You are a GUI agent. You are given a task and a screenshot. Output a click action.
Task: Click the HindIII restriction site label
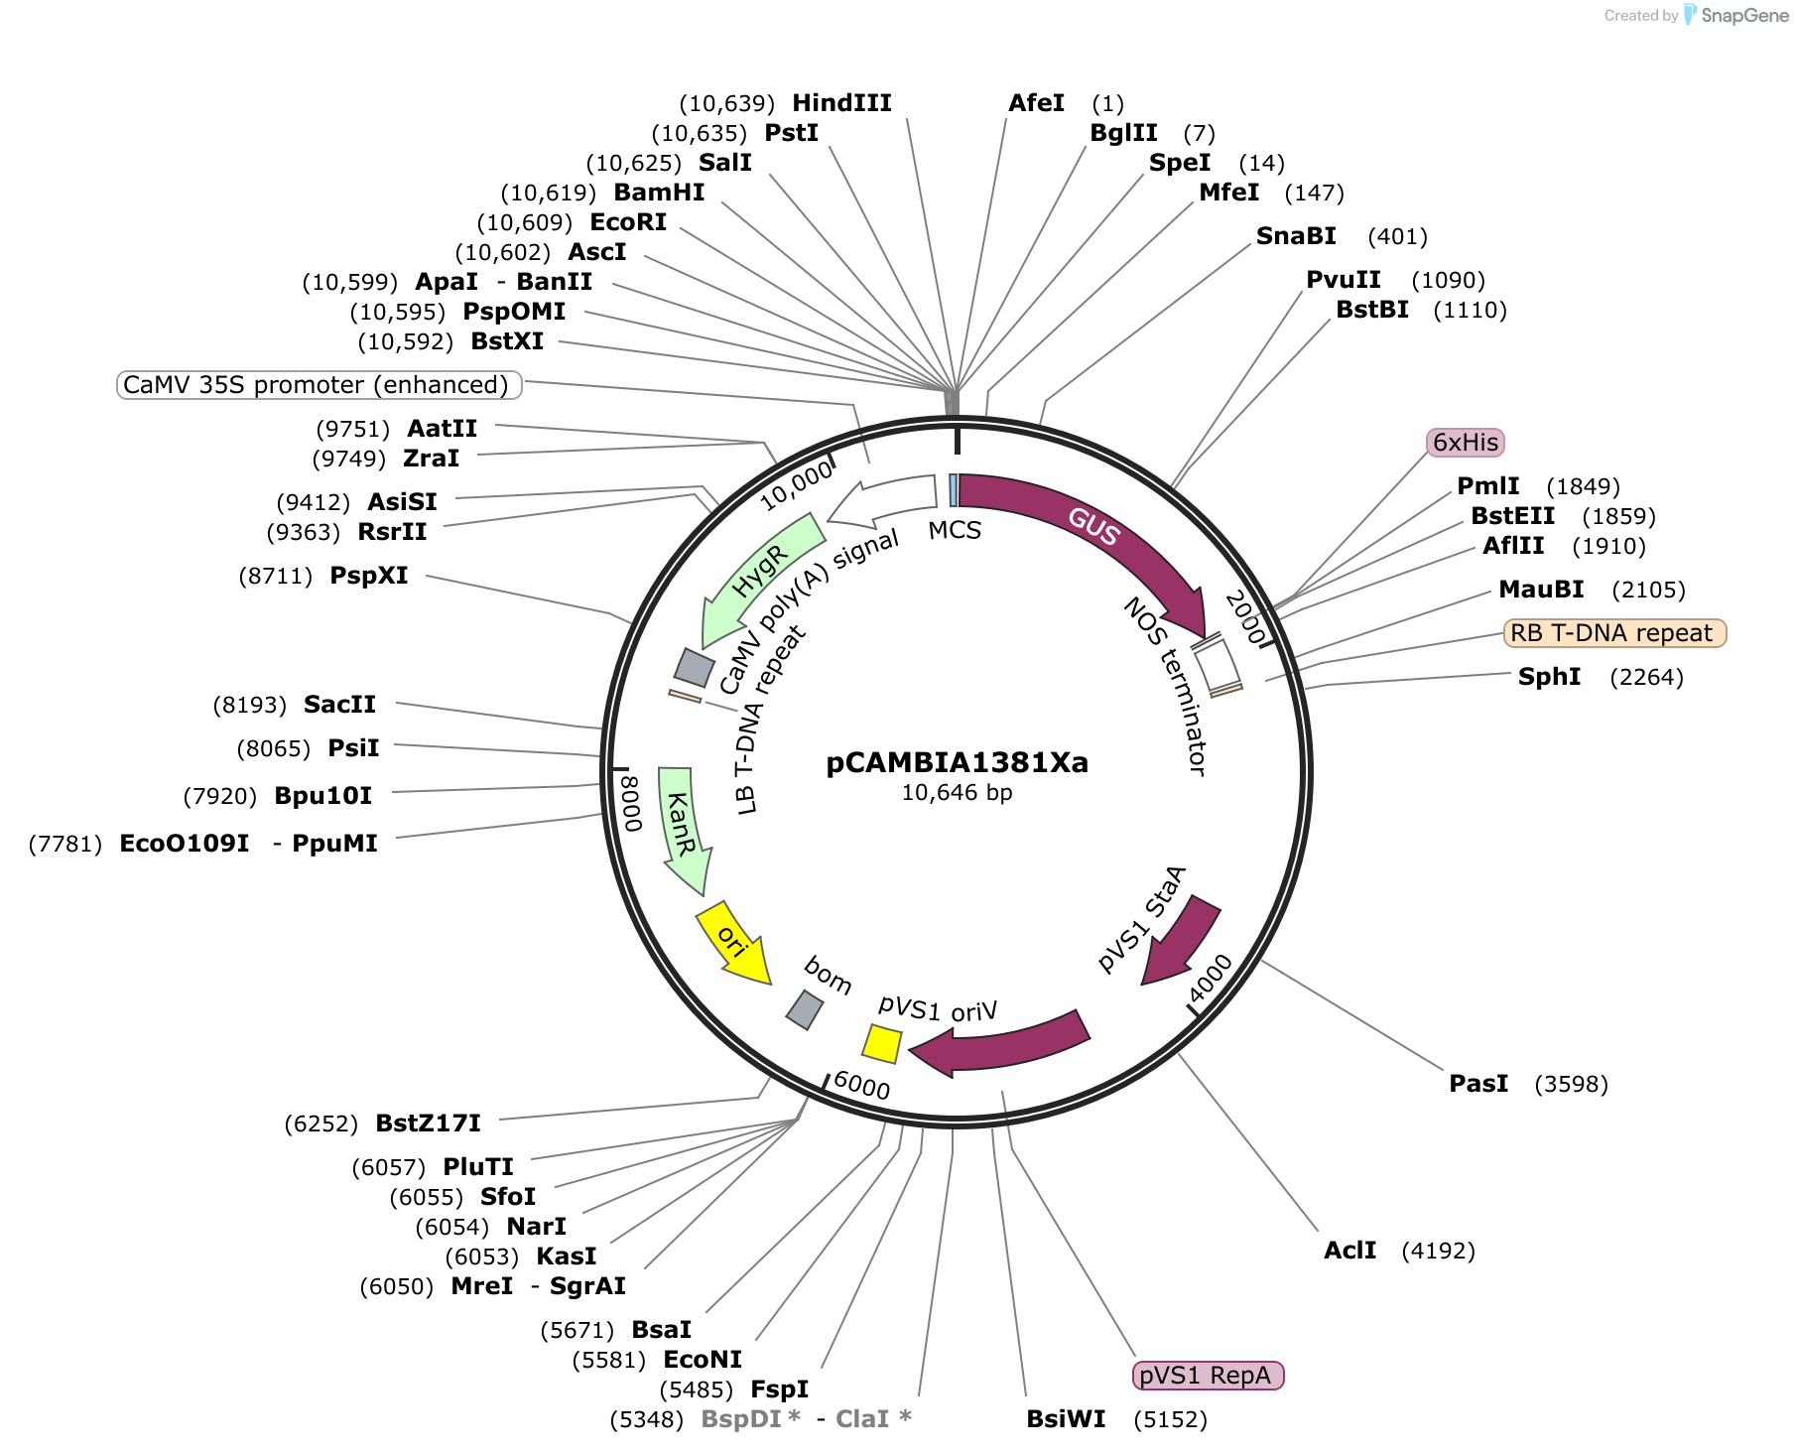tap(841, 103)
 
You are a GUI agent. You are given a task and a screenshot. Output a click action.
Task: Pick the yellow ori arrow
tap(734, 941)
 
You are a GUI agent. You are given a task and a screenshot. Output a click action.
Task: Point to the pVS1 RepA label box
tap(1208, 1376)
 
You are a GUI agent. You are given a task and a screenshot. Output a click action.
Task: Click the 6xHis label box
tap(1466, 443)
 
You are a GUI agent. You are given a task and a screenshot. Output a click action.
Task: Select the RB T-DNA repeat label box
tap(1615, 633)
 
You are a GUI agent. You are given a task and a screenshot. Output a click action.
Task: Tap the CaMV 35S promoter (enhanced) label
tap(320, 385)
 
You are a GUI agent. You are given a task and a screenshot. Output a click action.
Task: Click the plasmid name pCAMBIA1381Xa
tap(957, 762)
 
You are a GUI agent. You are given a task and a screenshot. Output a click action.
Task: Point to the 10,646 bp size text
tap(957, 793)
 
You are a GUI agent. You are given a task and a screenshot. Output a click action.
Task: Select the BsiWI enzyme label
tap(1066, 1419)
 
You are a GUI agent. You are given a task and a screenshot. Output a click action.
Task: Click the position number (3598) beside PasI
tap(1571, 1084)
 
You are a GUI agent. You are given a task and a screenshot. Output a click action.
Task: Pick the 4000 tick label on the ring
tap(1211, 979)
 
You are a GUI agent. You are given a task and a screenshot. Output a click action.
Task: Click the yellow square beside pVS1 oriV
tap(881, 1043)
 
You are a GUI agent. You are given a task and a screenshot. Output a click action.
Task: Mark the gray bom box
tap(805, 1009)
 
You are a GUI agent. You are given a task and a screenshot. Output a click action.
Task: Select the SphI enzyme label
tap(1549, 677)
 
